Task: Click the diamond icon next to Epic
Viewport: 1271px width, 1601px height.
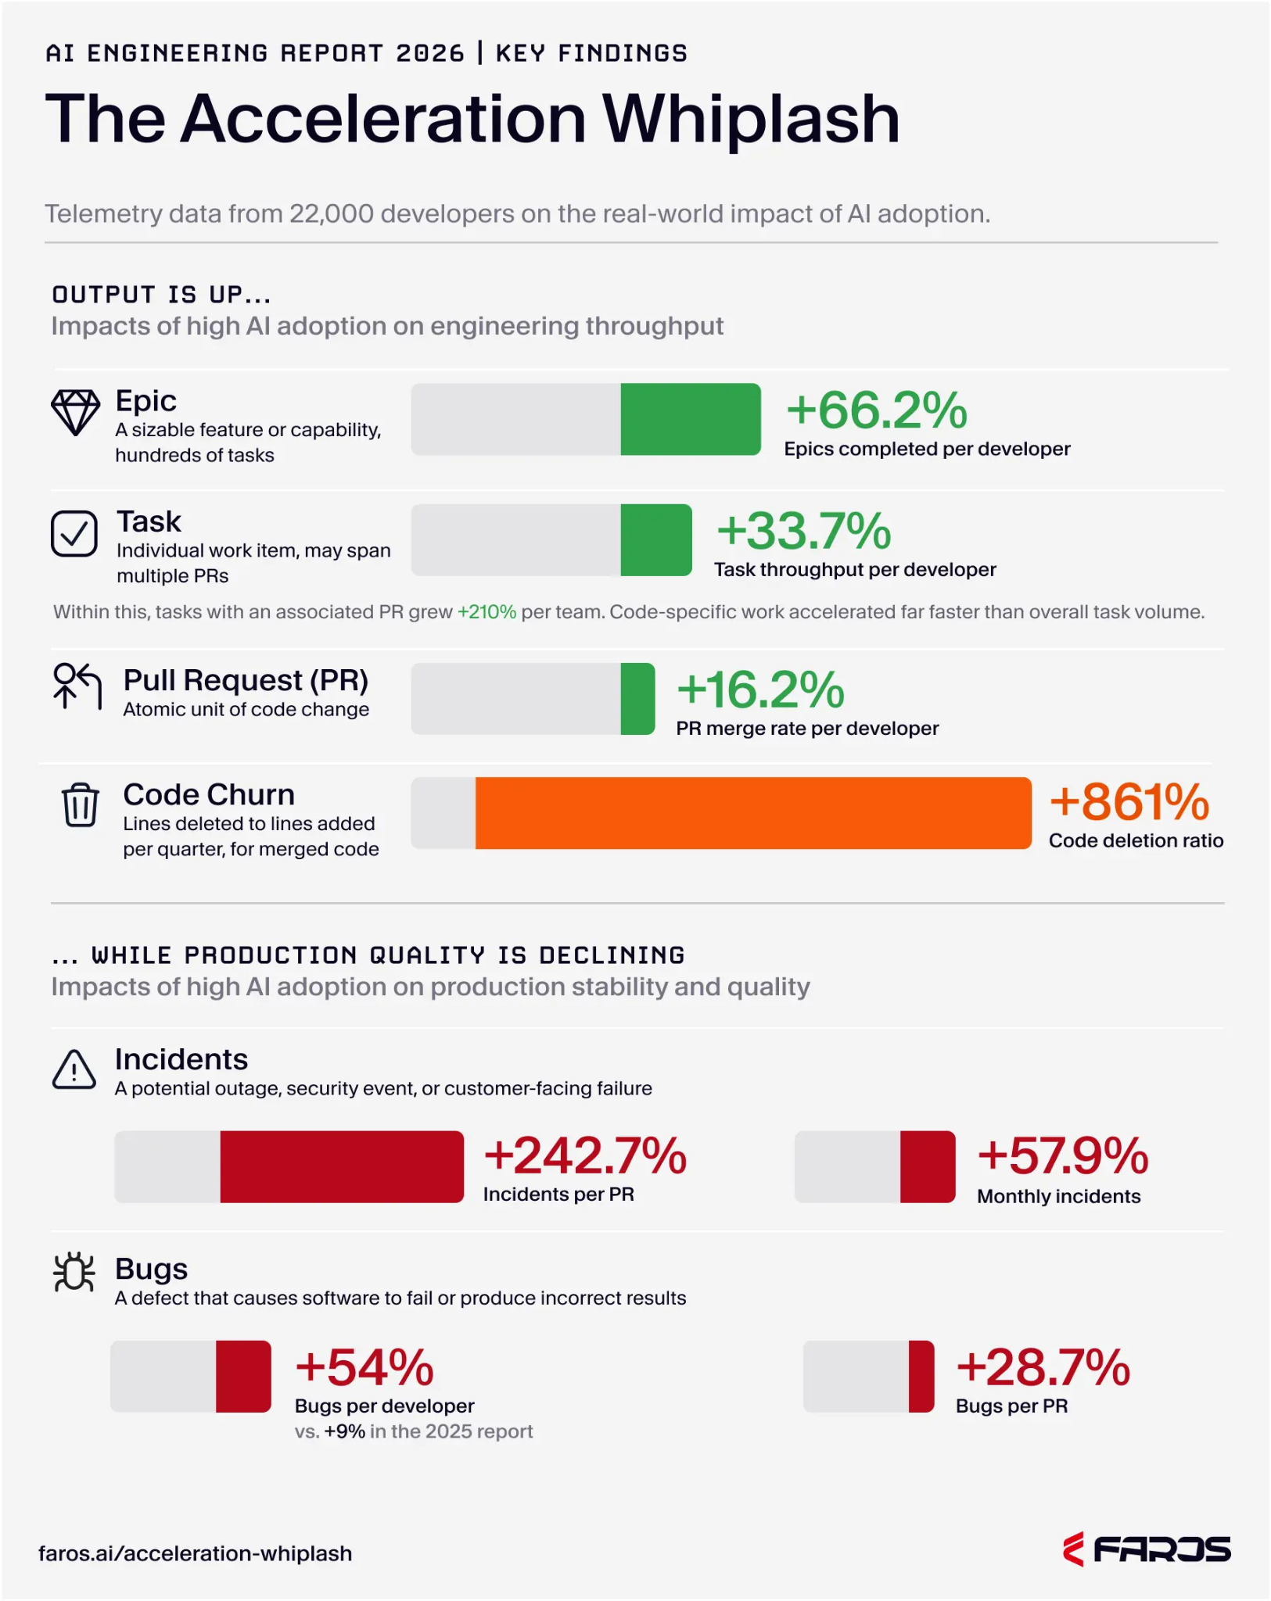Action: coord(75,412)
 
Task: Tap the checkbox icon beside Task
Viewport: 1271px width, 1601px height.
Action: coord(74,533)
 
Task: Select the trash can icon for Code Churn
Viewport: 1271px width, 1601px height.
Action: coord(81,804)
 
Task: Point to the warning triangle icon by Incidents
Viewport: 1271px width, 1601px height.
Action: coord(74,1069)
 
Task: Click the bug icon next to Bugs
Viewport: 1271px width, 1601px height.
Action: coord(74,1272)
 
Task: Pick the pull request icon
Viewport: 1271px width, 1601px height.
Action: coord(77,686)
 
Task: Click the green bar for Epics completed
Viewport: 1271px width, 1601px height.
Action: coord(691,419)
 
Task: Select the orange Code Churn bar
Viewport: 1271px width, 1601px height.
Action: coord(753,813)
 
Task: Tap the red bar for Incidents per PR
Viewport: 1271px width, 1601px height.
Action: coord(342,1166)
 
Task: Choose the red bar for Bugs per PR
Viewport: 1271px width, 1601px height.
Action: coord(921,1376)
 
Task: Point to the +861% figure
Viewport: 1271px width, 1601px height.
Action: coord(1129,802)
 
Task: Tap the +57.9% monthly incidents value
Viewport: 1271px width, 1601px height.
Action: coord(1063,1155)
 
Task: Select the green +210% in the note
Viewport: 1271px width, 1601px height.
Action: coord(486,611)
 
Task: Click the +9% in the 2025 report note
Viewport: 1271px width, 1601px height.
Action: coord(345,1431)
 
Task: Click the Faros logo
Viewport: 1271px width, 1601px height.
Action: coord(1147,1549)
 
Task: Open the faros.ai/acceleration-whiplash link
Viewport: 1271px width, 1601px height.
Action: coord(196,1553)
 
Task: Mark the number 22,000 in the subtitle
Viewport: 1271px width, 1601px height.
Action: coord(332,213)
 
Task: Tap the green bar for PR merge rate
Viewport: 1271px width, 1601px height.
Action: coord(638,699)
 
